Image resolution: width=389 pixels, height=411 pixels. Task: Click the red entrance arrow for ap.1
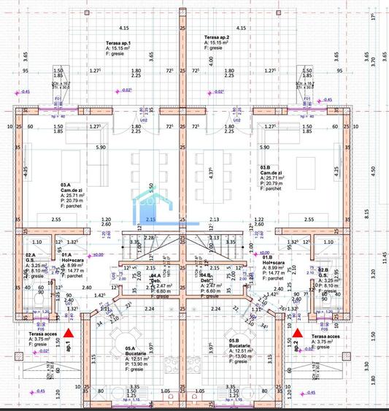click(68, 334)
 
